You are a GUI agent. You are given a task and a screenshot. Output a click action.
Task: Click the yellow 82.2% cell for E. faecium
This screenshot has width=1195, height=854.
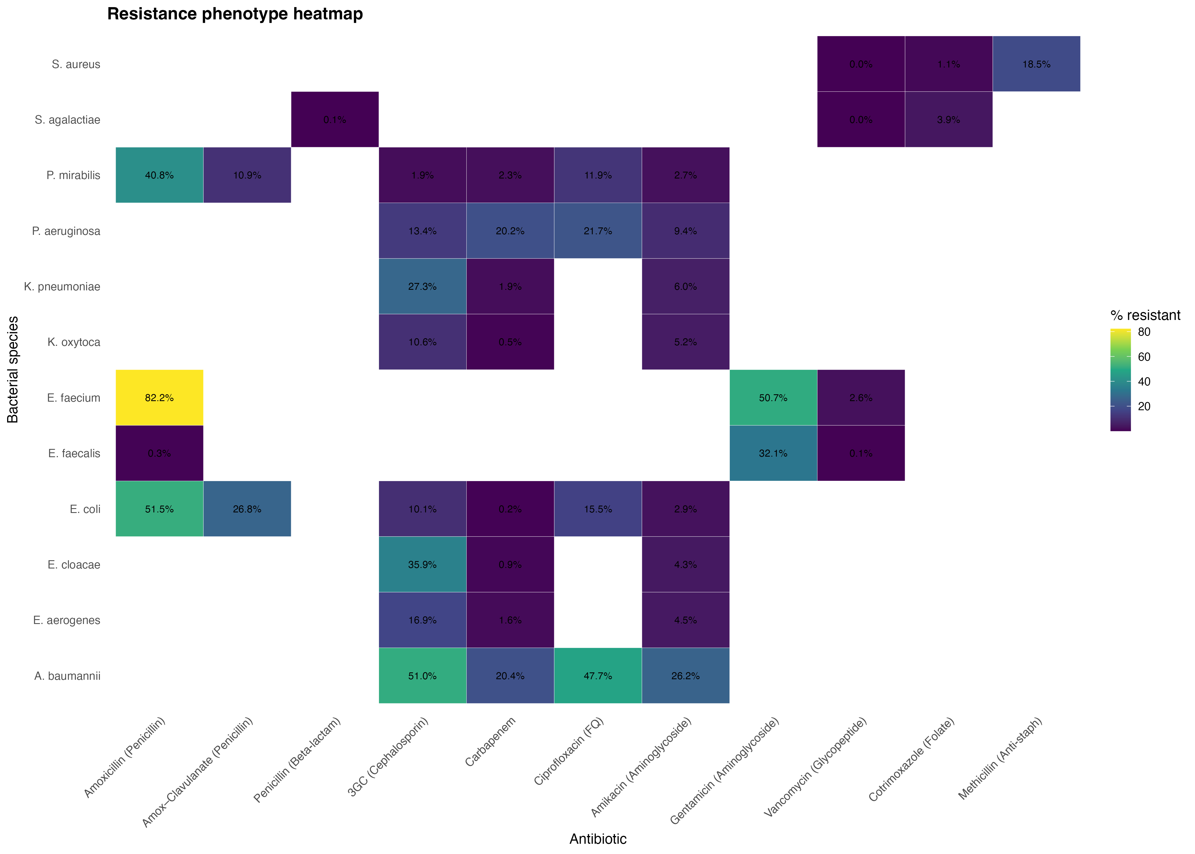coord(159,398)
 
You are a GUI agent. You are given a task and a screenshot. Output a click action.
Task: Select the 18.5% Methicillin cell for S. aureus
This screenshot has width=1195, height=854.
coord(1036,64)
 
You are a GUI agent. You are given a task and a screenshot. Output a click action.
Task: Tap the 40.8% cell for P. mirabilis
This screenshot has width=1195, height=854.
coord(159,175)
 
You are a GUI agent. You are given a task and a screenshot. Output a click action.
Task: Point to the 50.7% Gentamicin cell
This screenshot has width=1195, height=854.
coord(773,398)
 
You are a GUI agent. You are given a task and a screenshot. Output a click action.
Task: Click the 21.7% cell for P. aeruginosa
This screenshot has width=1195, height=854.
coord(597,231)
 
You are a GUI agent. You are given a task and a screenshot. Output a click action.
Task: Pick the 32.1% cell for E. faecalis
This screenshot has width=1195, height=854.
coord(773,453)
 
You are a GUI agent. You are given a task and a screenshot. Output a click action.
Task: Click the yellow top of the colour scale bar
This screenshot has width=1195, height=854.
coord(1120,331)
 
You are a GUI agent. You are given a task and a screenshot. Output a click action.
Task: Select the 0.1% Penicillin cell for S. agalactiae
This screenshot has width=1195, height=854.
coord(335,120)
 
